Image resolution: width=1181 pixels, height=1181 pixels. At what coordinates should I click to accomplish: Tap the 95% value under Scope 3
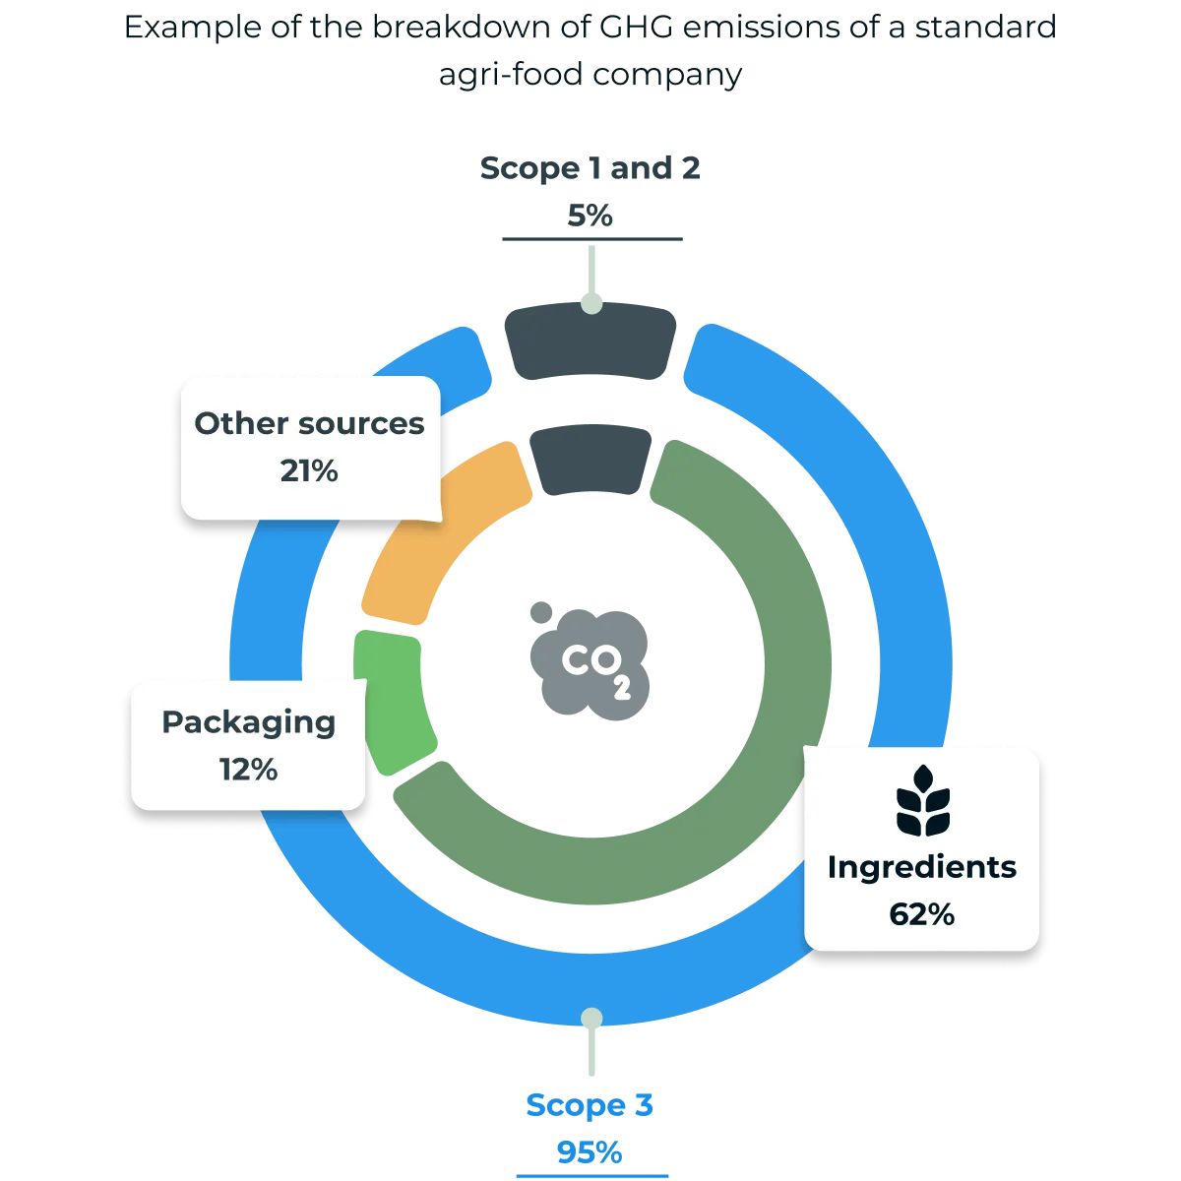(590, 1150)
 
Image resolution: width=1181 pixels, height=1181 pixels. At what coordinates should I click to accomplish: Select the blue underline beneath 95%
(590, 1175)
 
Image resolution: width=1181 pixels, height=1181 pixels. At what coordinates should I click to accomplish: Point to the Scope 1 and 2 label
(590, 167)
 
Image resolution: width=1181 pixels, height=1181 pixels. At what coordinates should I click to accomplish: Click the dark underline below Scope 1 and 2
(590, 239)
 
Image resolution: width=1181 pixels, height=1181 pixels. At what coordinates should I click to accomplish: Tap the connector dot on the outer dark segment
(590, 305)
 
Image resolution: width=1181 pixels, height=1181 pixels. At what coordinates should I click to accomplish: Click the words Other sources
(309, 423)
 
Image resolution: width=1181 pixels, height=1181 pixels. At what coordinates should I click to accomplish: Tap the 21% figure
(309, 471)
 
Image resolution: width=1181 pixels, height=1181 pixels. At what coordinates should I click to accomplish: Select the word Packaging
(248, 721)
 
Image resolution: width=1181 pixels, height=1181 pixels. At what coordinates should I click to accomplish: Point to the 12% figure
(248, 769)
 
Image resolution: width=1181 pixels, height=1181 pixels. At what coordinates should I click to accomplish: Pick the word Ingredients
(922, 867)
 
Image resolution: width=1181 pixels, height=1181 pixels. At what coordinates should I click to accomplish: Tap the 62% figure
(922, 914)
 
